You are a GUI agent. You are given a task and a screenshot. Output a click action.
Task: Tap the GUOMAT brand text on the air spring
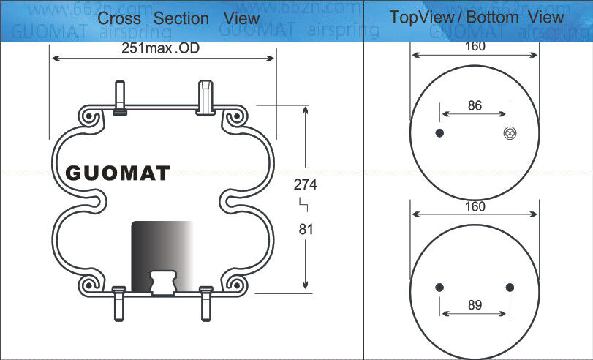click(118, 173)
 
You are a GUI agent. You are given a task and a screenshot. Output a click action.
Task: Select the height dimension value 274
click(306, 184)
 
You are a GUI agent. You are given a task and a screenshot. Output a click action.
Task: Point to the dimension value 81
click(306, 229)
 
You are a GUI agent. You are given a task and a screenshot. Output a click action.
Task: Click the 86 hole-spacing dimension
click(475, 105)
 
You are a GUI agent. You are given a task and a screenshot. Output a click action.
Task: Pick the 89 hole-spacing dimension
click(475, 305)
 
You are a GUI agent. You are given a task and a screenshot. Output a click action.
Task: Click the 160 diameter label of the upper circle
click(475, 47)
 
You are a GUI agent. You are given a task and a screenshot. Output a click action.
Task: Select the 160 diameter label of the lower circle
click(475, 207)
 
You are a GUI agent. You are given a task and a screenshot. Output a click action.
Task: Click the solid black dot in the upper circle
click(439, 133)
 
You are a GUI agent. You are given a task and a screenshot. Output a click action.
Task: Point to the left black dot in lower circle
click(439, 287)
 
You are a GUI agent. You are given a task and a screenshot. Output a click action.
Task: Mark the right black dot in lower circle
click(510, 287)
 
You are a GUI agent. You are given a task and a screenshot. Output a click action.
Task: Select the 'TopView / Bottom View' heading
click(476, 17)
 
